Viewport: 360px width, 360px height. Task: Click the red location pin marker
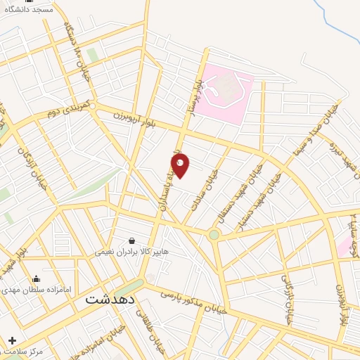pyautogui.click(x=180, y=165)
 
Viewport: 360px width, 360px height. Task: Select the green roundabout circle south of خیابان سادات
pyautogui.click(x=213, y=235)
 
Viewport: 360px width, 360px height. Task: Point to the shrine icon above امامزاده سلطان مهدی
pyautogui.click(x=36, y=279)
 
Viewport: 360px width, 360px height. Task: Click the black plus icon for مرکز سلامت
pyautogui.click(x=12, y=340)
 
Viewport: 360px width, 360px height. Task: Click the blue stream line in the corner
pyautogui.click(x=338, y=21)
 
